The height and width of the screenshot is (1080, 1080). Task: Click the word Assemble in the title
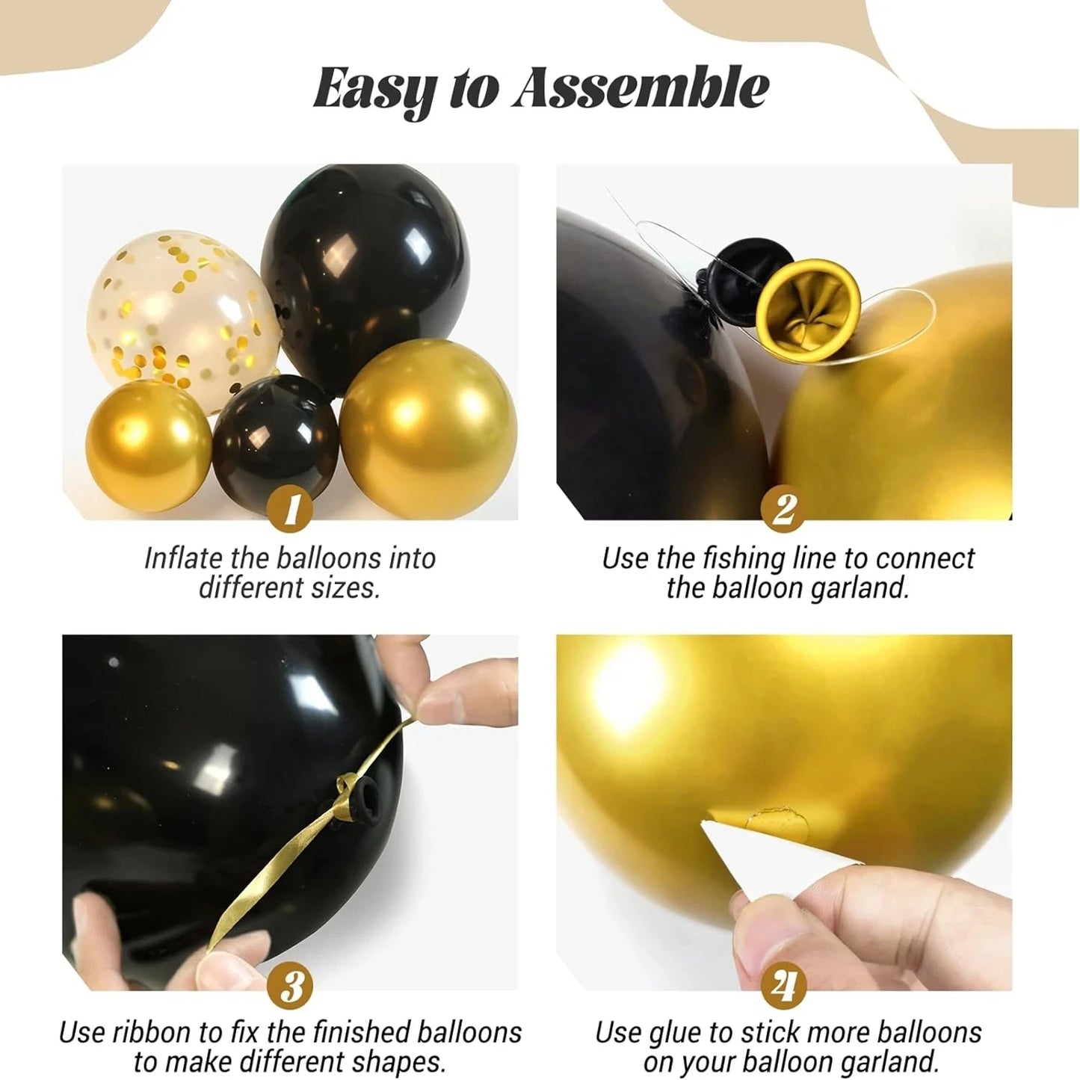click(x=641, y=88)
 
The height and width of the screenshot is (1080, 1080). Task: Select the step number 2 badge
click(x=783, y=511)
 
